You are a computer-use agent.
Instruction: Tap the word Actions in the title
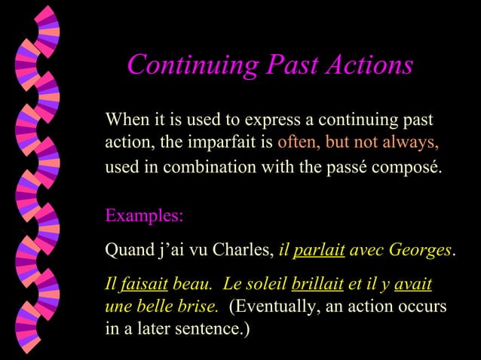pos(369,65)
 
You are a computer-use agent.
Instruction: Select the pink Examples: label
pos(143,215)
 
